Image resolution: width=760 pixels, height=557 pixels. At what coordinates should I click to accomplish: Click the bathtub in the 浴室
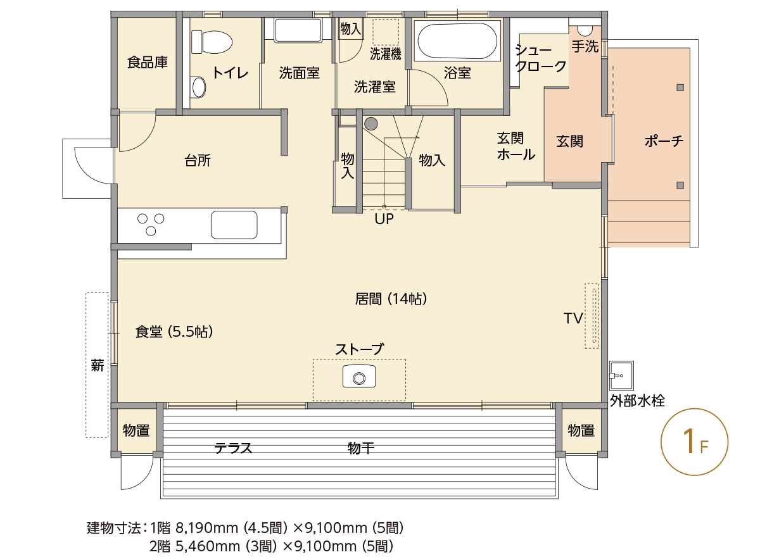[x=457, y=41]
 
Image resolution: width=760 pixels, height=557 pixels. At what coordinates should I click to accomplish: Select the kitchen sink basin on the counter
[x=234, y=225]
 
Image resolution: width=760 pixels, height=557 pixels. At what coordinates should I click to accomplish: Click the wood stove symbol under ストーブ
[x=359, y=377]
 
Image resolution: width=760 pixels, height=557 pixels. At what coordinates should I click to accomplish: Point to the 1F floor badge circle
[x=694, y=442]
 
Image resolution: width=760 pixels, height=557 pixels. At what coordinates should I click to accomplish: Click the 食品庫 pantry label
[x=147, y=63]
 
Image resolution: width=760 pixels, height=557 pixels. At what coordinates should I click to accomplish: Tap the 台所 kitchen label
[x=198, y=160]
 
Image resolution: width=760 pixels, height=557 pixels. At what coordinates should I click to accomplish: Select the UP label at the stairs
[x=384, y=219]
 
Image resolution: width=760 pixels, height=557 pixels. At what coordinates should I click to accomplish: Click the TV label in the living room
[x=573, y=318]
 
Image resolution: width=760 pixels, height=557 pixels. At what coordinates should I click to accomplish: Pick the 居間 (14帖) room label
[x=391, y=299]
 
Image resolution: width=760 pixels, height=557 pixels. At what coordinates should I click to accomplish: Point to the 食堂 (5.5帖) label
[x=174, y=331]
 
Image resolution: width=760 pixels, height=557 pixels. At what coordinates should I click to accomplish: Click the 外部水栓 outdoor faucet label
[x=637, y=401]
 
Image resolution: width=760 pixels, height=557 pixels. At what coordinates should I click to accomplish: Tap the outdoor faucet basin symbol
[x=621, y=375]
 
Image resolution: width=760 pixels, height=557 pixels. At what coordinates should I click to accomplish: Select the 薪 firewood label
[x=98, y=365]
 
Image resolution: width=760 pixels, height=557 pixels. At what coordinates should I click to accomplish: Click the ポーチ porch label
[x=664, y=141]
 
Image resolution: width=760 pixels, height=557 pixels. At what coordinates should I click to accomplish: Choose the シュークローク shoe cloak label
[x=540, y=58]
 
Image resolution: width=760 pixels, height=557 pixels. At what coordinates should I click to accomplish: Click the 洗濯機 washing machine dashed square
[x=386, y=32]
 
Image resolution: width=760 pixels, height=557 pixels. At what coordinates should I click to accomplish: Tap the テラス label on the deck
[x=233, y=448]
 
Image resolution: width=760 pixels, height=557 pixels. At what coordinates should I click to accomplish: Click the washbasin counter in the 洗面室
[x=298, y=30]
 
